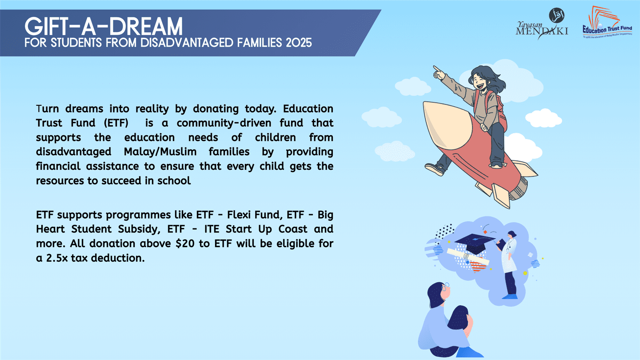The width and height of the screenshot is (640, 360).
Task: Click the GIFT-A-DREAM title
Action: click(x=103, y=27)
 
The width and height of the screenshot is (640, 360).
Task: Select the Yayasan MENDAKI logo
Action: click(x=542, y=25)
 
